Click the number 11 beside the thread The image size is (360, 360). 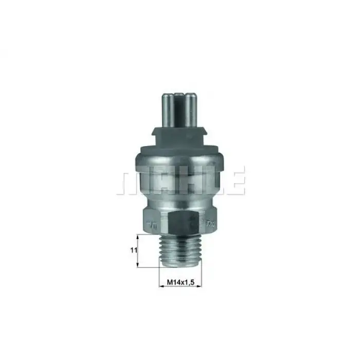tap(132, 250)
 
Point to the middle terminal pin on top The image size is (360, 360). tap(179, 105)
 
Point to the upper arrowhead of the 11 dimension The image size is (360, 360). tap(138, 237)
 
